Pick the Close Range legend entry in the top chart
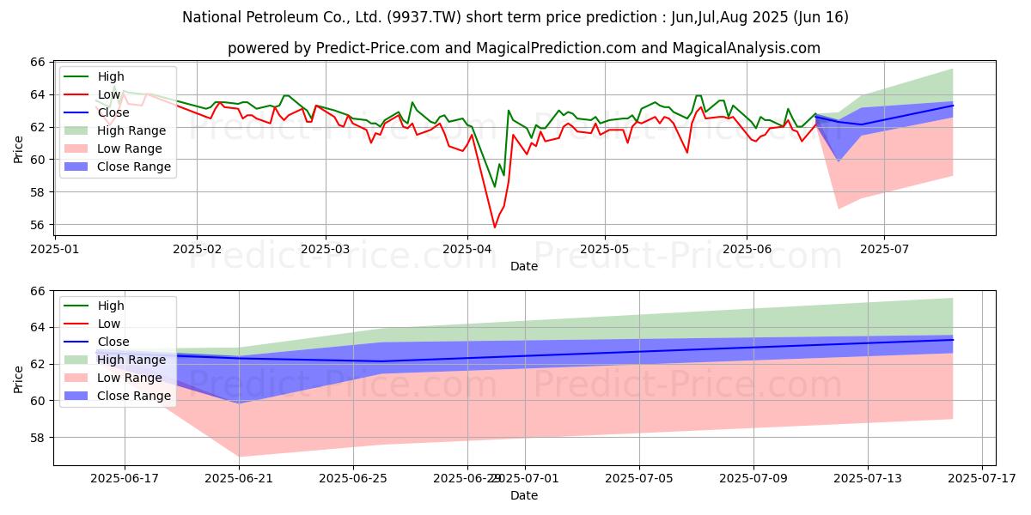click(134, 167)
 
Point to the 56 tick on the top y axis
click(37, 225)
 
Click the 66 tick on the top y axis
click(37, 62)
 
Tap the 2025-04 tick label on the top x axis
click(467, 249)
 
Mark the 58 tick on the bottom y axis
click(37, 438)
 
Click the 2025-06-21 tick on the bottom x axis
click(240, 478)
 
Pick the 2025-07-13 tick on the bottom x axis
click(868, 478)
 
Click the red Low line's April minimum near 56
click(494, 227)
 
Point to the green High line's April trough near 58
click(494, 186)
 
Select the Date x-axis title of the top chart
click(524, 266)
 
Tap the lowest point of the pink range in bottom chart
click(240, 456)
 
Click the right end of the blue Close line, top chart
click(953, 106)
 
